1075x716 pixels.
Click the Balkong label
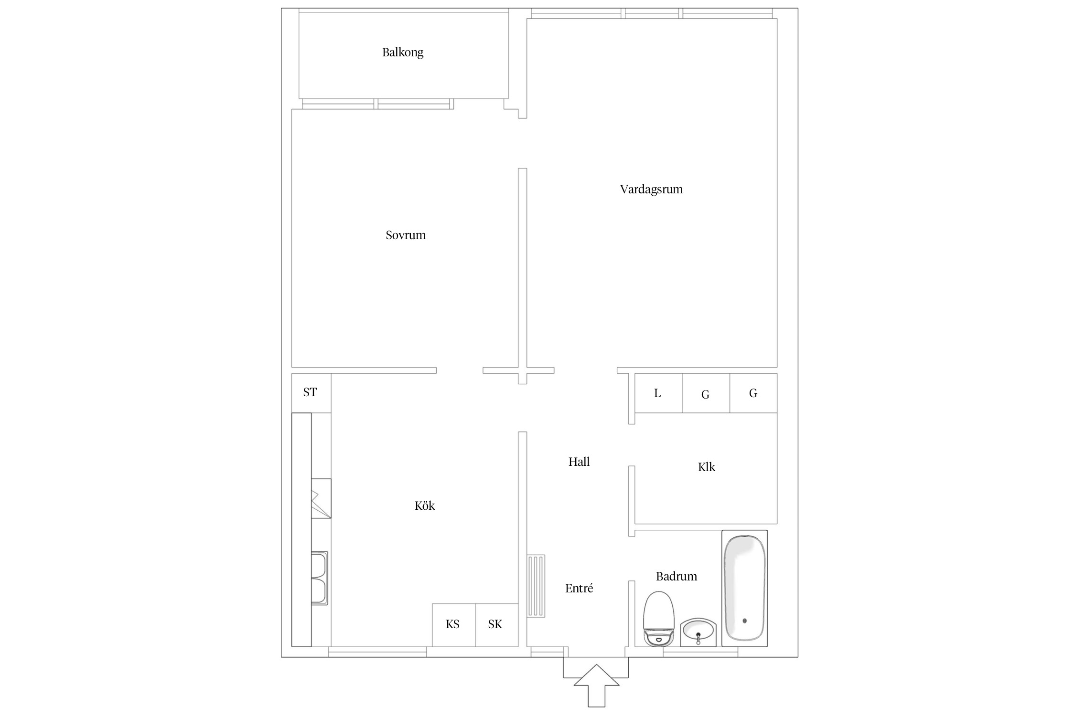[402, 53]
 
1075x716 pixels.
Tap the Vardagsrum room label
[651, 190]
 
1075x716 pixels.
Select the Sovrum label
[405, 235]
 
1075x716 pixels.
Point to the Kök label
[424, 506]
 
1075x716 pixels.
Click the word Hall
[579, 462]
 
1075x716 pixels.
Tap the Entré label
[579, 589]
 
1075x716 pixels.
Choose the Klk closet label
[706, 467]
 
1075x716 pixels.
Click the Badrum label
[676, 577]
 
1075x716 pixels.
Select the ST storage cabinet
[311, 392]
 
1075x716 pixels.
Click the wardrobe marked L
[657, 393]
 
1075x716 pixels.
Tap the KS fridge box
[453, 624]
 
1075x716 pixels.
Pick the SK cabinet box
[495, 624]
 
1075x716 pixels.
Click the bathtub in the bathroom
[744, 587]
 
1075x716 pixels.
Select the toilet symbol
[658, 618]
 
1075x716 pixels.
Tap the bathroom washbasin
[698, 632]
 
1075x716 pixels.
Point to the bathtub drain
[744, 621]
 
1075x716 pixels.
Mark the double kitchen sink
[319, 578]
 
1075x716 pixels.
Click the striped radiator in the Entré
[536, 586]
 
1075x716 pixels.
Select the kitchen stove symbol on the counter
[321, 498]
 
